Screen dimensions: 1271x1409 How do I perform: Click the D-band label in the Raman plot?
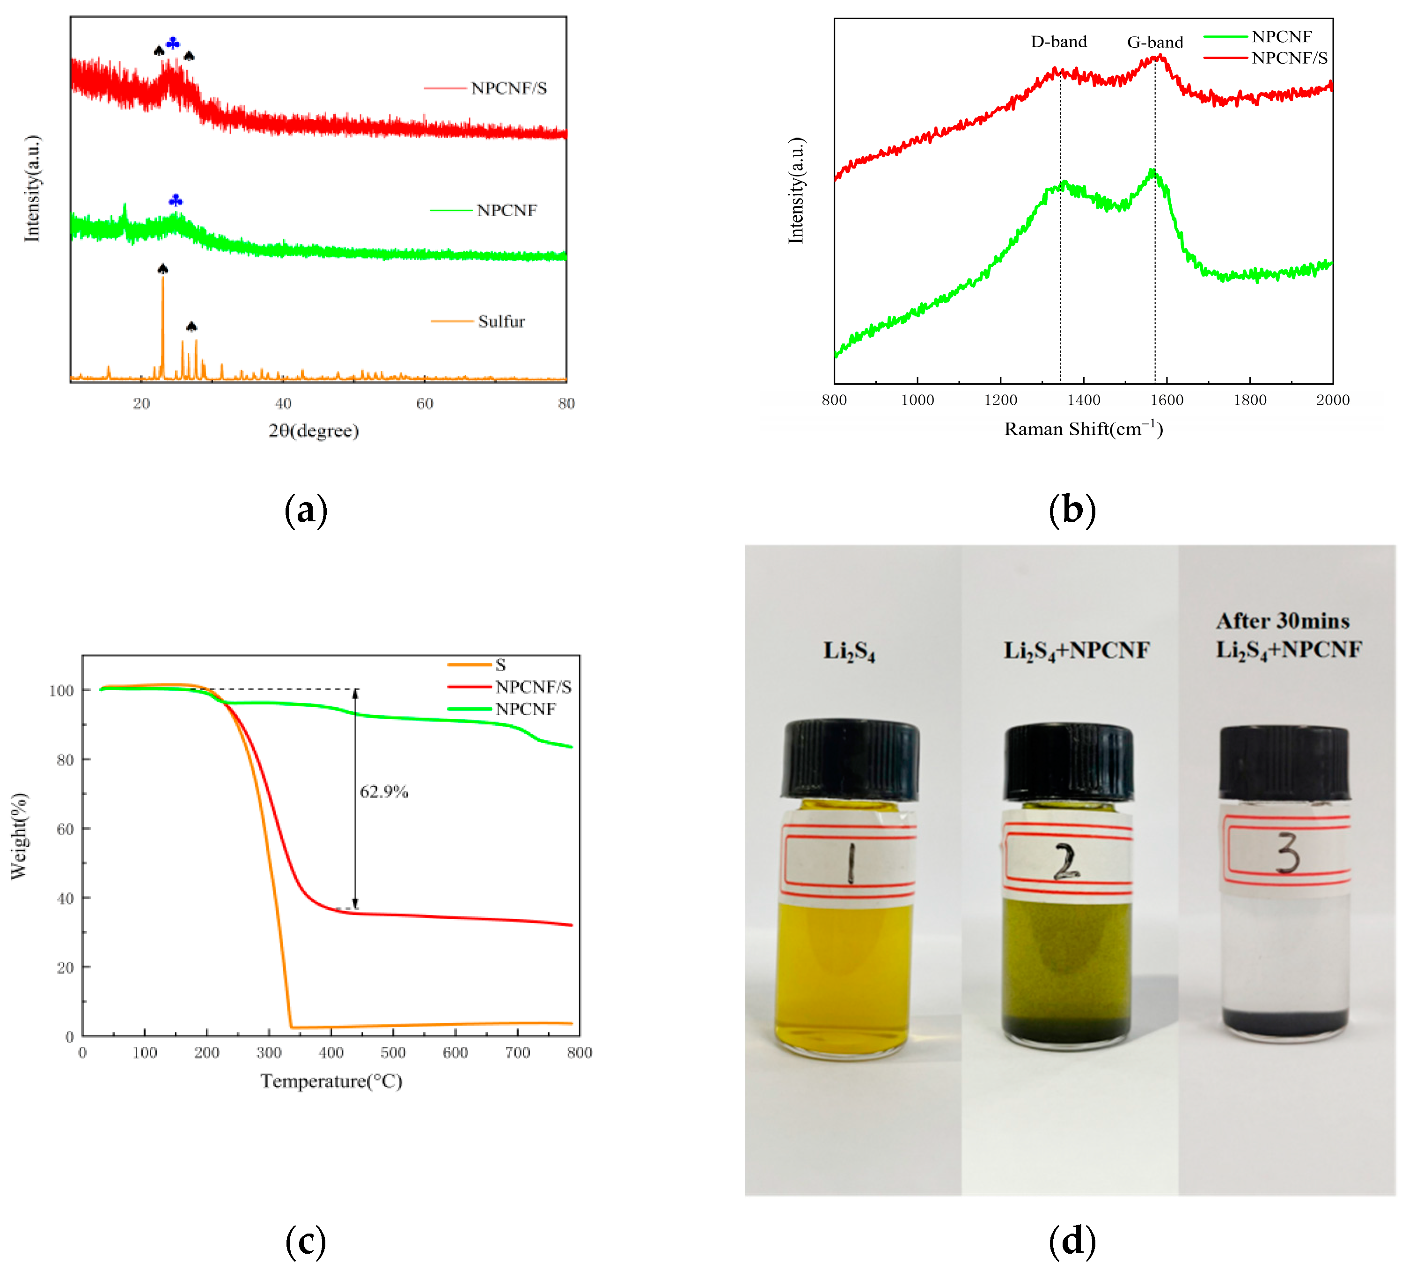tap(1058, 42)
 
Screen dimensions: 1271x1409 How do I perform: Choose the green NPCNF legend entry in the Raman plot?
tap(1280, 37)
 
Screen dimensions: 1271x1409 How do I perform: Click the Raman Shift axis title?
tap(1083, 429)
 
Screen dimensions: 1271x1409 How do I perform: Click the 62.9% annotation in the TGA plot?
tap(383, 791)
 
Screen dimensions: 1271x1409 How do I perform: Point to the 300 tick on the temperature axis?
tap(269, 1052)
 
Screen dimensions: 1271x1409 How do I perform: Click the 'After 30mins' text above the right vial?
tap(1283, 621)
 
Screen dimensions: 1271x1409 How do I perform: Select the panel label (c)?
tap(305, 1241)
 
